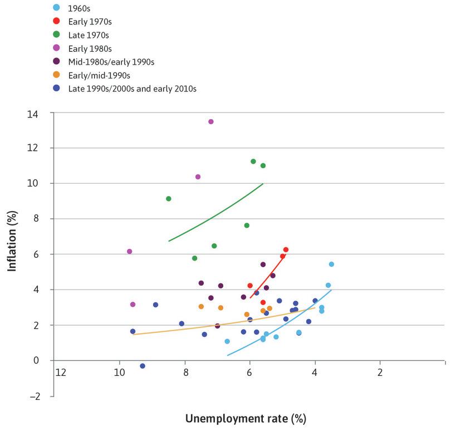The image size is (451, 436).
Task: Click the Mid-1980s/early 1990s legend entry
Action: [x=111, y=61]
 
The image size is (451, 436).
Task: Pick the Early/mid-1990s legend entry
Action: [x=99, y=75]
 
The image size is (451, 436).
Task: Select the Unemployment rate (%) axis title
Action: [x=246, y=418]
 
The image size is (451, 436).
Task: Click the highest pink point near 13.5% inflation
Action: [x=211, y=121]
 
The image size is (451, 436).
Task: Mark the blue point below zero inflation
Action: [x=143, y=366]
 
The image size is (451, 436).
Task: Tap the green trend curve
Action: [x=217, y=212]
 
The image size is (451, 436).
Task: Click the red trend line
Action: [x=268, y=273]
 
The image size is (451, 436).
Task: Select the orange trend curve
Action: [x=223, y=322]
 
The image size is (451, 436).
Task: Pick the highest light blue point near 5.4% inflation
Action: [x=331, y=264]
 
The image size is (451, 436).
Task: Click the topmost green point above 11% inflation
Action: [x=253, y=161]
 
